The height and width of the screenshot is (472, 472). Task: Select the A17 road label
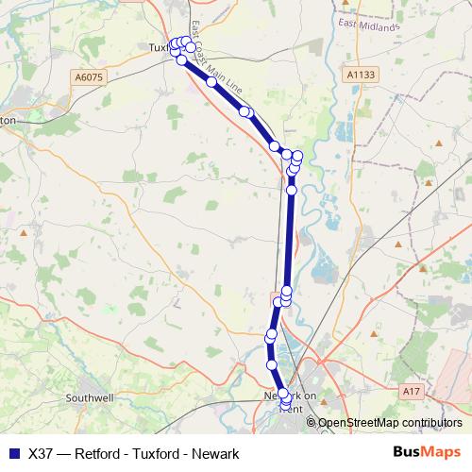pos(409,389)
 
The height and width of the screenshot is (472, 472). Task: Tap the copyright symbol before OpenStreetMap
pos(312,423)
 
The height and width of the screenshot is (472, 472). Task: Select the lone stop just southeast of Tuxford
pos(211,82)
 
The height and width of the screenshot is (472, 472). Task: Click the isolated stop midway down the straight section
pos(292,190)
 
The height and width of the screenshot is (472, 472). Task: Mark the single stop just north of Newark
pos(272,364)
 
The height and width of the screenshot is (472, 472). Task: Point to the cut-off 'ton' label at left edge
pos(8,121)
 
